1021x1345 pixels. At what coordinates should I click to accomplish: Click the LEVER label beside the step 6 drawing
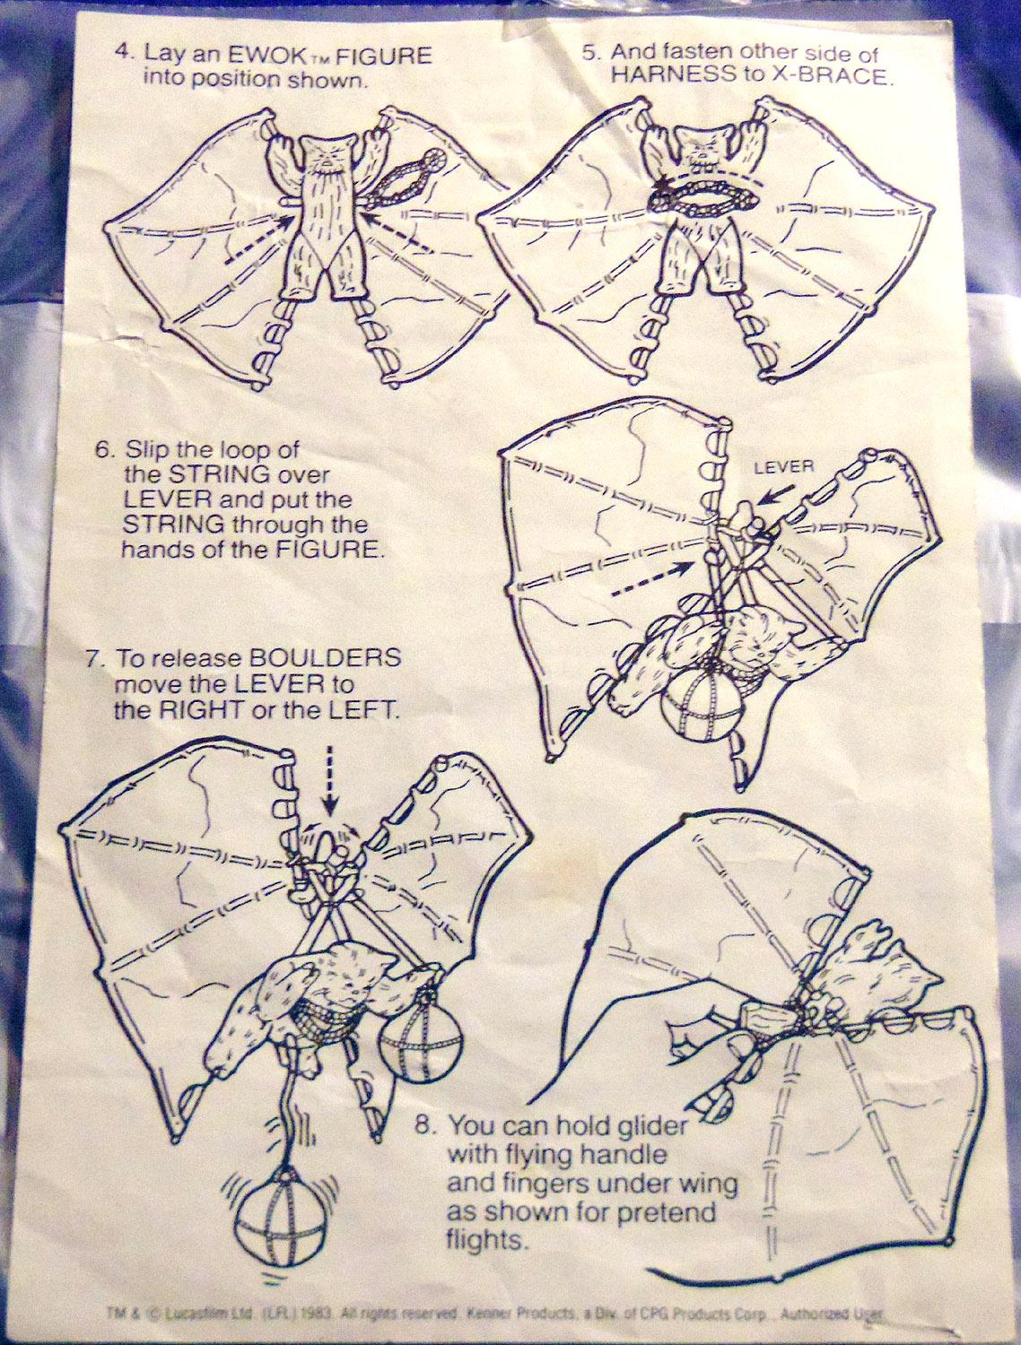tap(784, 467)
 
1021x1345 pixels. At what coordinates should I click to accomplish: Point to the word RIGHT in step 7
tap(200, 710)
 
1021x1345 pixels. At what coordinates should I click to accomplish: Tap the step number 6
tap(104, 450)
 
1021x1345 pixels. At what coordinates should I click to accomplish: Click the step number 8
tap(426, 1124)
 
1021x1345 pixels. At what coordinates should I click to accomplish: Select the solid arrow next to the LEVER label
tap(775, 496)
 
